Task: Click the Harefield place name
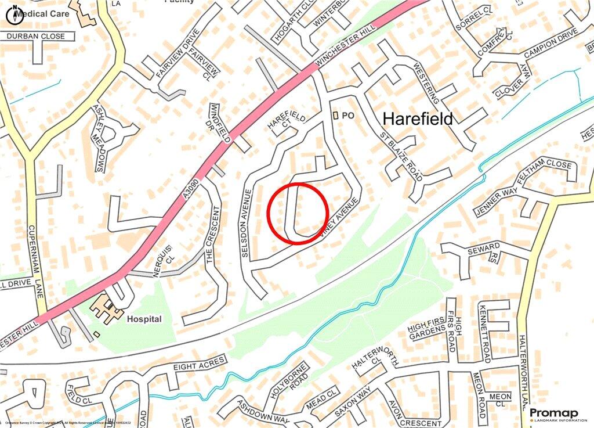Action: coord(418,119)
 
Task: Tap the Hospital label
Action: coord(144,319)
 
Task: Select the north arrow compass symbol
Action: coord(15,16)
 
